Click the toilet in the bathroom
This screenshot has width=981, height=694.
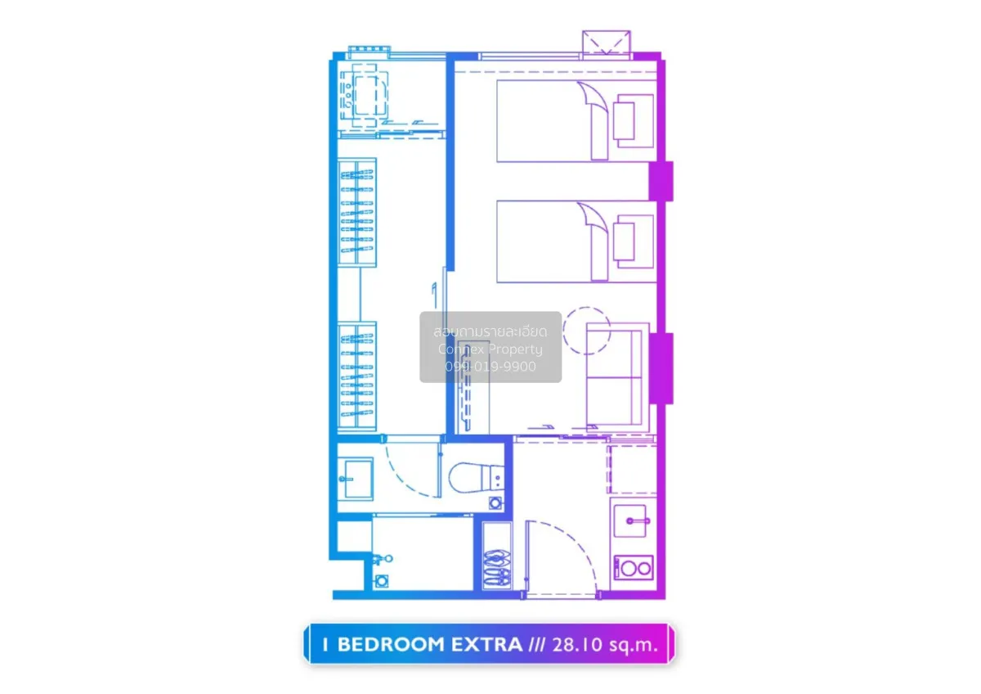(477, 477)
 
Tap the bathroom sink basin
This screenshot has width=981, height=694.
(356, 479)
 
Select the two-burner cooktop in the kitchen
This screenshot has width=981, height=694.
(634, 568)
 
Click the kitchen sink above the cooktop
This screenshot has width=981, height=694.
(630, 520)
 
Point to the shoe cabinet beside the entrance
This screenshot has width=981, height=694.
(497, 556)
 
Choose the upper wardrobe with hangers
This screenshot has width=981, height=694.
(357, 212)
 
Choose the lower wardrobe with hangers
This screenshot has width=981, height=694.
(357, 376)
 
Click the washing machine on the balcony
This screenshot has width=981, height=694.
(364, 97)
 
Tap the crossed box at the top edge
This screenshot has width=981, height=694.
(607, 43)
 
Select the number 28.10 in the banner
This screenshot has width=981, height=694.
(577, 644)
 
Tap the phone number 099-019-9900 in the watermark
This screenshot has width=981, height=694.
(490, 367)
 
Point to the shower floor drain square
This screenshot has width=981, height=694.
(382, 581)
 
